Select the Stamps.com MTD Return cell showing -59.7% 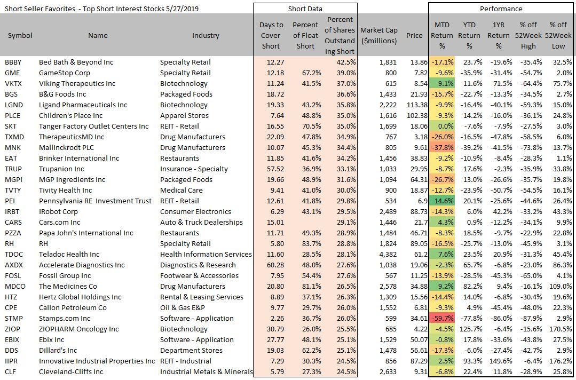(442, 318)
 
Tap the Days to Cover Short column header (272, 36)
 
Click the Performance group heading (501, 9)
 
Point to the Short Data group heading (305, 9)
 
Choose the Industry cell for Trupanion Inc (194, 169)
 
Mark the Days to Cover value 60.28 (272, 265)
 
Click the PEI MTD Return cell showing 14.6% (442, 201)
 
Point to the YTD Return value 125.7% (469, 329)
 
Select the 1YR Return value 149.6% (499, 361)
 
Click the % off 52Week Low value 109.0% (562, 286)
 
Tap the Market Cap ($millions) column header (378, 36)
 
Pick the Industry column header (206, 36)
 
